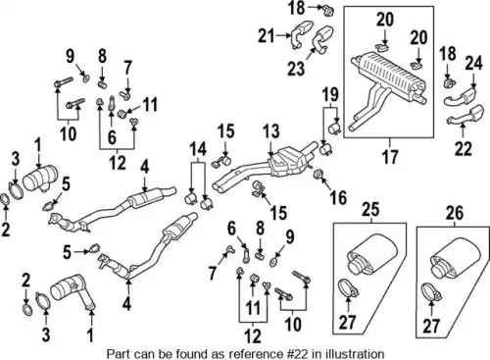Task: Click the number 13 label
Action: click(x=270, y=131)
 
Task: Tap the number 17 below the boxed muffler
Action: click(x=390, y=156)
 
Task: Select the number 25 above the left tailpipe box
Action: click(x=370, y=209)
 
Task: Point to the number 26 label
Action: click(x=455, y=213)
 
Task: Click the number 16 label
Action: click(x=338, y=197)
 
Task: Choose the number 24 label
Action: click(x=473, y=63)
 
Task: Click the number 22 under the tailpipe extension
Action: click(x=464, y=149)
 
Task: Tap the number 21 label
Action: click(x=266, y=36)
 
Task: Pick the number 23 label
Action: click(x=296, y=69)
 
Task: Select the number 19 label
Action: click(x=330, y=95)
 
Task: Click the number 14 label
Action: click(x=199, y=149)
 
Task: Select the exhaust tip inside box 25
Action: click(x=371, y=257)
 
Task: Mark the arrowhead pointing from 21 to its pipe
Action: click(x=289, y=35)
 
